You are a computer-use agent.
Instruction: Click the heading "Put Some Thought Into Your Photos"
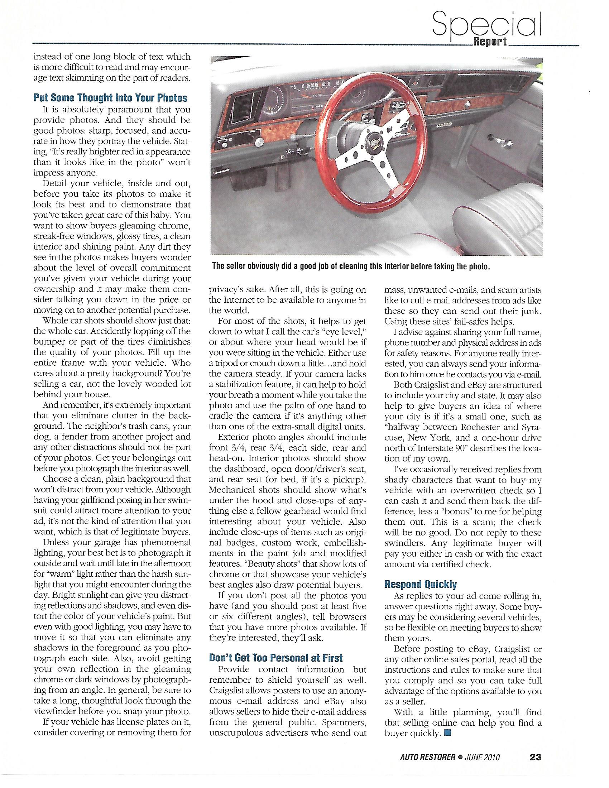110,98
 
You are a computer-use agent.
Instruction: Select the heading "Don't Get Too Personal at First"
275,658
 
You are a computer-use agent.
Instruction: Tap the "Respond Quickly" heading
421,584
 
